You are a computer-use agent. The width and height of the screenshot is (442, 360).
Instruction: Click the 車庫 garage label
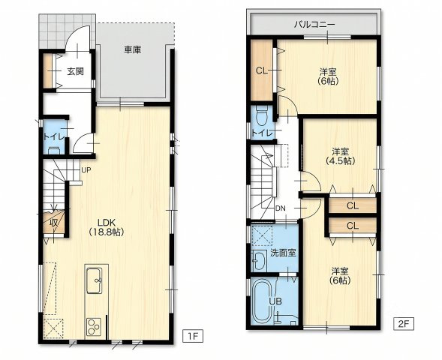[133, 49]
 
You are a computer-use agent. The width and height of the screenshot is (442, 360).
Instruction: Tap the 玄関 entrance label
[75, 71]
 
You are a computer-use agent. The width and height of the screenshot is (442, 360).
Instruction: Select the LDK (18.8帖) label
[107, 227]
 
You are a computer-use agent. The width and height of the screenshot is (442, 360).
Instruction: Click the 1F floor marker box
[193, 336]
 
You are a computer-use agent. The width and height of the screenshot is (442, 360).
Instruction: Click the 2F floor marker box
[404, 324]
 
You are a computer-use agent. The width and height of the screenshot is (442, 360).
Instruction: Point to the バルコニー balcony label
[314, 25]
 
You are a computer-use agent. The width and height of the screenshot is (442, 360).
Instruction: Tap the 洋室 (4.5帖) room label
[340, 156]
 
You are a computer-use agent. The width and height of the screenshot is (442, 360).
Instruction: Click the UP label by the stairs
[86, 170]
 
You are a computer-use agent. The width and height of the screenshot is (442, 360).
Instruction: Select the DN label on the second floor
[281, 208]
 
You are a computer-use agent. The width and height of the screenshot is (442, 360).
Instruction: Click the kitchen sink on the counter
[94, 280]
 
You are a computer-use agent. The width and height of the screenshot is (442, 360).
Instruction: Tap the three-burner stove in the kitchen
[94, 327]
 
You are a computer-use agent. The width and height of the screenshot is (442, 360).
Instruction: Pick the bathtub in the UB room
[263, 301]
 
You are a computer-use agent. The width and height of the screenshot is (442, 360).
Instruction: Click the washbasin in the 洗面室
[260, 259]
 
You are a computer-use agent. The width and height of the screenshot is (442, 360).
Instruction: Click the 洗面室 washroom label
[283, 253]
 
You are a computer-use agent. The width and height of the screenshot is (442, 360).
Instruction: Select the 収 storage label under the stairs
[54, 223]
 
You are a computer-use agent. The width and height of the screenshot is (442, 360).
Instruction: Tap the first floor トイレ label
[54, 136]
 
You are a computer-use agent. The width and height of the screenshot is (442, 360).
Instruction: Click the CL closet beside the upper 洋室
[262, 70]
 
